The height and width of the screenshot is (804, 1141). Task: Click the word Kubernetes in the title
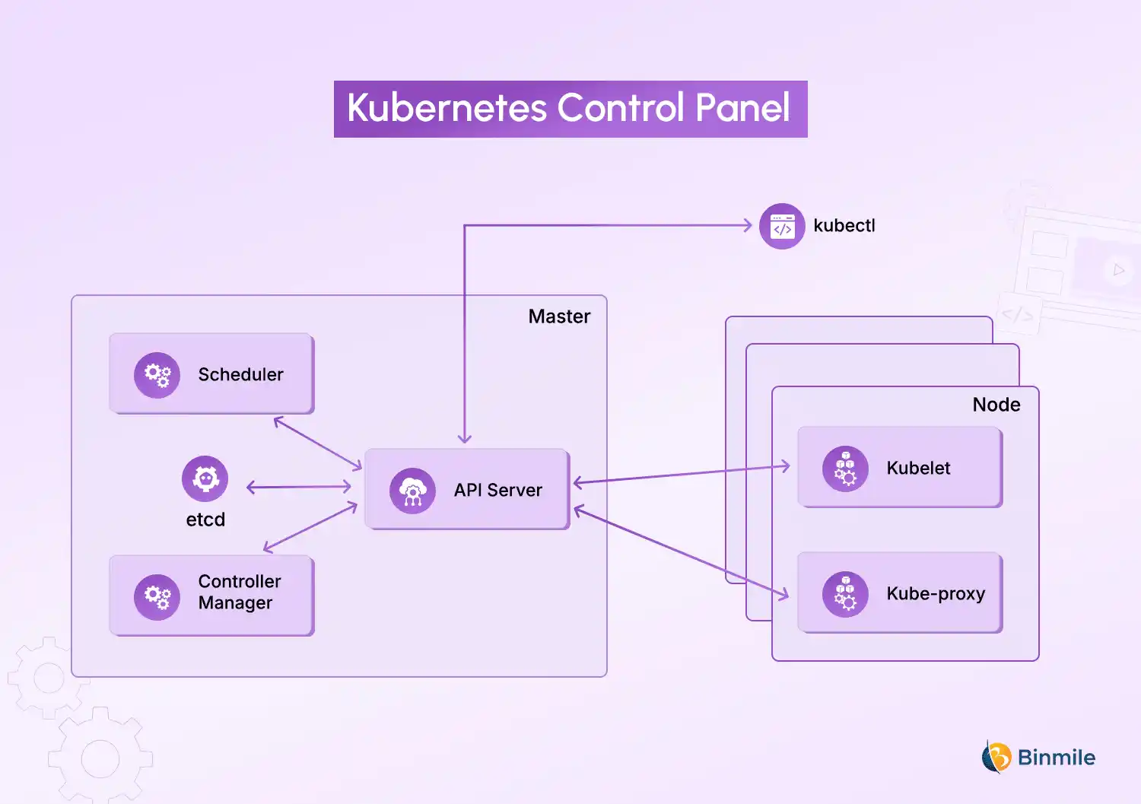click(447, 108)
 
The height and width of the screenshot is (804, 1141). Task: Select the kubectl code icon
click(782, 227)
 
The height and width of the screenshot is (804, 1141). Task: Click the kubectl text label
click(844, 226)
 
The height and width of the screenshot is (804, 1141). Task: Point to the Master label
click(559, 316)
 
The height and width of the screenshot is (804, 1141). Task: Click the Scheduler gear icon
click(157, 375)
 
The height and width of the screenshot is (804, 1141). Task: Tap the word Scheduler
click(240, 375)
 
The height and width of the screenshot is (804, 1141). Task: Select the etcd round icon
click(205, 478)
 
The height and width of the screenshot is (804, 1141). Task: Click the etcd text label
click(205, 520)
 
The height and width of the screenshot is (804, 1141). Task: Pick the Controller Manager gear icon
click(157, 597)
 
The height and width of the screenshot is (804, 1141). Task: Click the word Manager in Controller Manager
click(235, 603)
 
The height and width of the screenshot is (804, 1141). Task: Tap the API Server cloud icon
click(412, 491)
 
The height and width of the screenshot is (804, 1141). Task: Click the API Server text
click(497, 491)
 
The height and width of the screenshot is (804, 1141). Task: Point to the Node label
click(996, 405)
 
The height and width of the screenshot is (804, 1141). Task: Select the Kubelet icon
click(845, 469)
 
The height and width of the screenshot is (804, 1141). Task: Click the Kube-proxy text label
click(936, 594)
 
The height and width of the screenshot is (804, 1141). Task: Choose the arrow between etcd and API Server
click(299, 487)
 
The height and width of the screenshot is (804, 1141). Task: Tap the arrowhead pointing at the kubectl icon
click(748, 225)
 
